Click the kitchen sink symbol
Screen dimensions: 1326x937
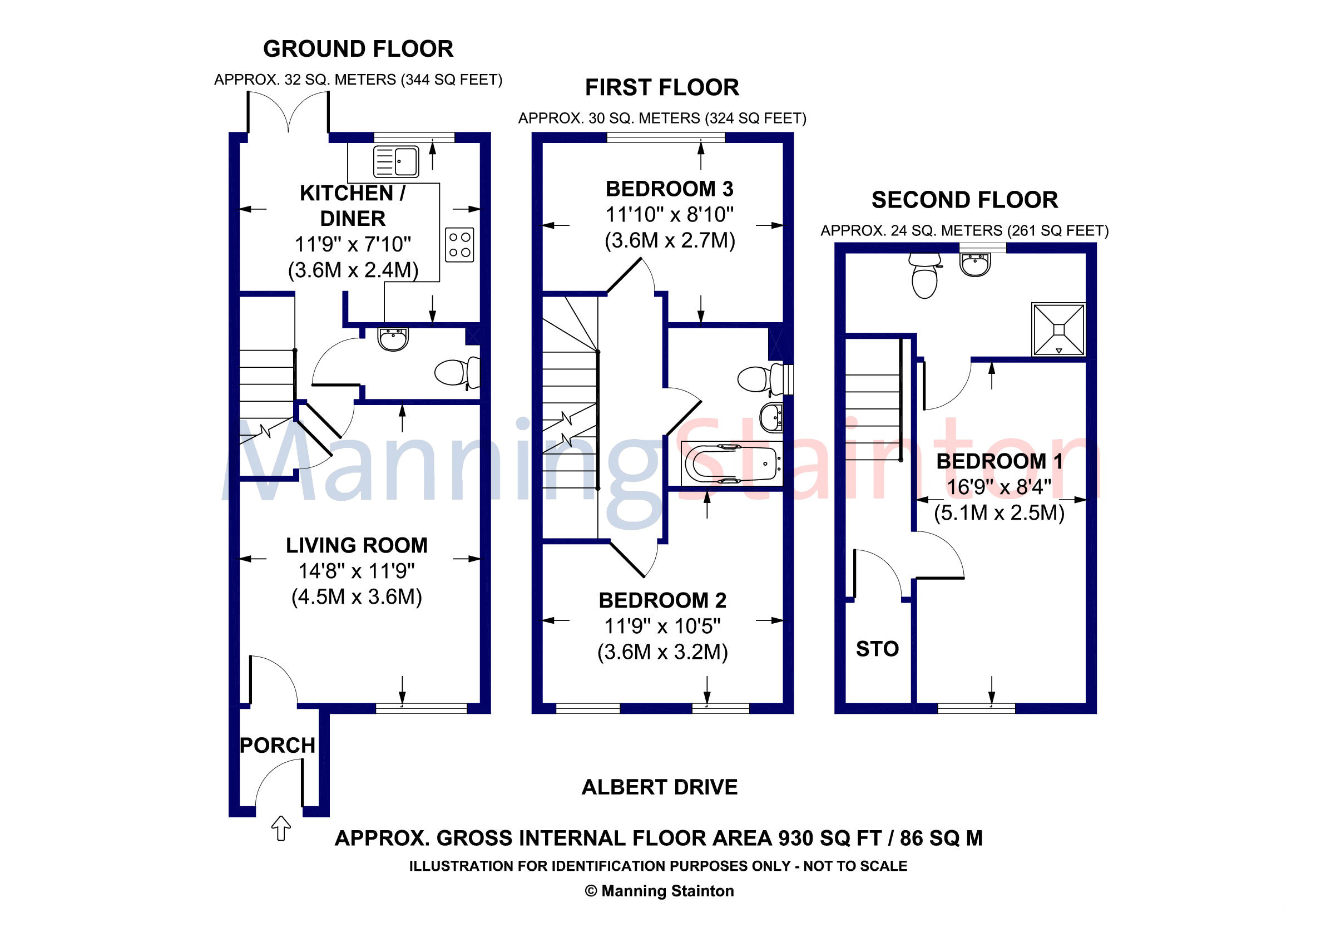(396, 161)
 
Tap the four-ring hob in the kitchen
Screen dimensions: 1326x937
(460, 245)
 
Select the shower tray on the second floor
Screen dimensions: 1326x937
(1058, 329)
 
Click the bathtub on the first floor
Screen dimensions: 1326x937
(733, 464)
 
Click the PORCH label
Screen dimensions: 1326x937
(278, 745)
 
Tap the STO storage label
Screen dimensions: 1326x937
(877, 649)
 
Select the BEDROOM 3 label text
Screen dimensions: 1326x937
(669, 189)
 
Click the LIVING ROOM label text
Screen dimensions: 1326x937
(357, 545)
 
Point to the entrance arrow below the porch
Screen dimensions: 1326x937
(281, 828)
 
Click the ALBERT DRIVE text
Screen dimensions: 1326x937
(660, 787)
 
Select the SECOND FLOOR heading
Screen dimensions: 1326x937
(964, 200)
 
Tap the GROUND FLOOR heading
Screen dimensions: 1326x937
(358, 49)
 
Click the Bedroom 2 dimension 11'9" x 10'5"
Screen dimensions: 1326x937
(662, 625)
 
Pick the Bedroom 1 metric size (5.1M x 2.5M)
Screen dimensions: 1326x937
(999, 512)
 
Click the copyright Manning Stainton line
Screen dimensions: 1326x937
(659, 891)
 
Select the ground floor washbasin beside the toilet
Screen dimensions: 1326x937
(393, 339)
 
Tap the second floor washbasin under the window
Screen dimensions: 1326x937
(976, 265)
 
